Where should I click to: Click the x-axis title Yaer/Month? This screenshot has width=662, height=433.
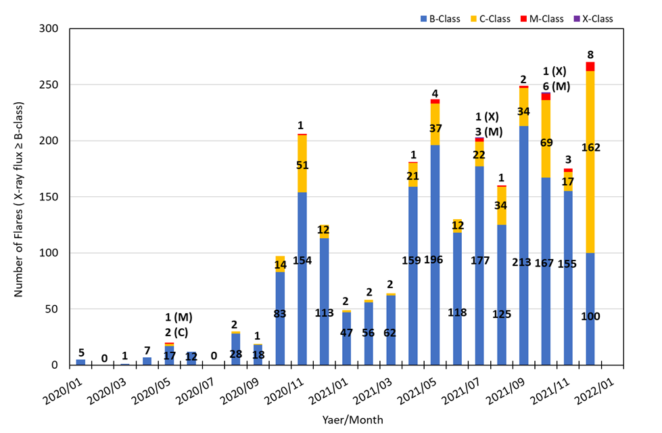pos(353,420)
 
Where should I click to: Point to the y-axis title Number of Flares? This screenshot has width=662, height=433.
pos(20,200)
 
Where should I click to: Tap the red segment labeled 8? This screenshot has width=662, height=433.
pos(590,66)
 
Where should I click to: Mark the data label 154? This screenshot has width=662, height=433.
pos(302,260)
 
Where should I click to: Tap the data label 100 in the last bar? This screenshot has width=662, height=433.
pos(590,316)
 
